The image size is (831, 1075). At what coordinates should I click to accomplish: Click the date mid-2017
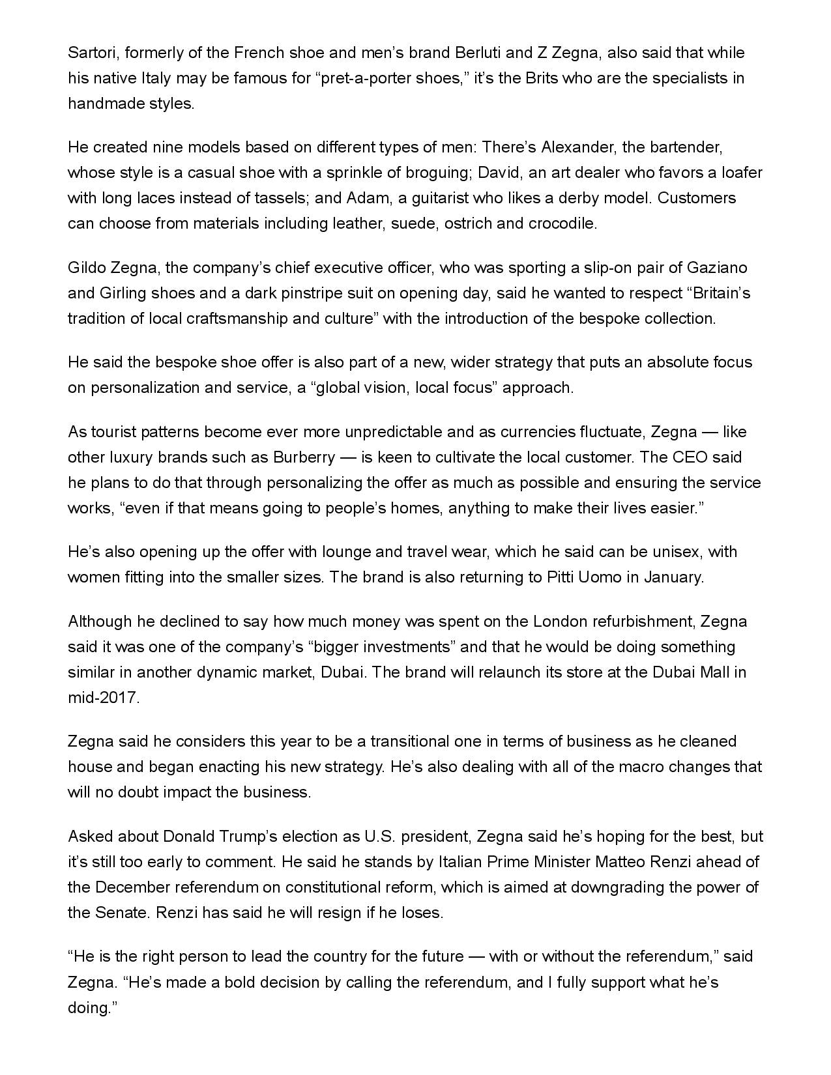click(x=103, y=698)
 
